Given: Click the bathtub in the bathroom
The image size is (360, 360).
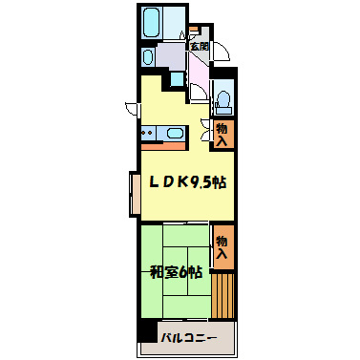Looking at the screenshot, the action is (x=151, y=22).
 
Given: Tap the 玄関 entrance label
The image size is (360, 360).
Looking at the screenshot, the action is (x=200, y=47).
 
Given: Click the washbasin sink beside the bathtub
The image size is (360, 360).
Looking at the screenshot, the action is (x=147, y=57).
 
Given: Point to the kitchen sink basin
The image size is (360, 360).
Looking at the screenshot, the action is (x=175, y=133).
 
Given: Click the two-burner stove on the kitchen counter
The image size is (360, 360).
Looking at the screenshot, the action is (x=148, y=133).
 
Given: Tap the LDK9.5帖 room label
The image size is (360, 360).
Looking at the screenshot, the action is (x=188, y=182).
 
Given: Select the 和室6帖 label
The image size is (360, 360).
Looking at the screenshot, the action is (x=176, y=273).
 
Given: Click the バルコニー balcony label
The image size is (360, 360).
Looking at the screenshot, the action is (x=188, y=338).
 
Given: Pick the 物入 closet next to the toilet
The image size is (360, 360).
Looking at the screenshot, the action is (x=223, y=134).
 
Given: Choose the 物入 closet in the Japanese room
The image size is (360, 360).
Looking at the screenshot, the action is (x=223, y=246).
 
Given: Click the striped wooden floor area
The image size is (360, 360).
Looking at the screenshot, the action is (x=222, y=296).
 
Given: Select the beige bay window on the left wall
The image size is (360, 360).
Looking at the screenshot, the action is (x=135, y=194).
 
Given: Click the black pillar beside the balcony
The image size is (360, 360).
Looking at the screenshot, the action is (x=149, y=330).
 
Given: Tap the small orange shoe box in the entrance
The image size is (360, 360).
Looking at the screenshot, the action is (x=193, y=30).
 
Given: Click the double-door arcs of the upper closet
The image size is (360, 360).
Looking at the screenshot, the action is (x=205, y=130).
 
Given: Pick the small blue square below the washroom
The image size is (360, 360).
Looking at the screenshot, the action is (x=177, y=79).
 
